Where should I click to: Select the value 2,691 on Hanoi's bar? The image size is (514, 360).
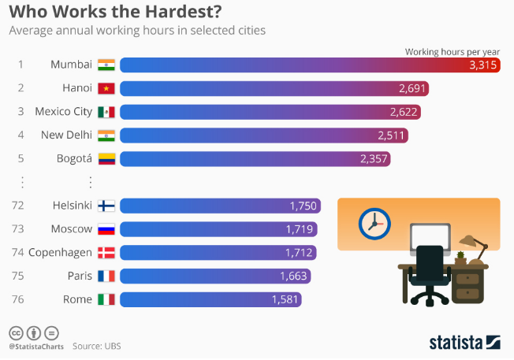point(412,88)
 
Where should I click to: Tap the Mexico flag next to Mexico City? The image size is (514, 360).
point(106,112)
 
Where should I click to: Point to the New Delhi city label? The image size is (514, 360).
point(67,135)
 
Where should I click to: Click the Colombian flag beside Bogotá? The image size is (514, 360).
point(106,158)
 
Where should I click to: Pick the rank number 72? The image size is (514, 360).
point(21,206)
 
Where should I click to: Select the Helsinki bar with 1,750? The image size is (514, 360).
point(220,206)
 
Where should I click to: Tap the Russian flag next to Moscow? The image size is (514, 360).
point(106,229)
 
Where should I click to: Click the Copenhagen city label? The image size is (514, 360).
point(60,253)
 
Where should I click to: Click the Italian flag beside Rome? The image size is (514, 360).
point(106,299)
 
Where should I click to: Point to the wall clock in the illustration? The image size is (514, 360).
point(374,224)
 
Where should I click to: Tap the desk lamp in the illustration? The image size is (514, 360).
point(471,245)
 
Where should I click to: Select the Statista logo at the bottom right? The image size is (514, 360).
point(464,342)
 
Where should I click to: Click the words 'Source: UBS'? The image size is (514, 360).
point(97,346)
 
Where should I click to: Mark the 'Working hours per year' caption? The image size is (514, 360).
point(452,51)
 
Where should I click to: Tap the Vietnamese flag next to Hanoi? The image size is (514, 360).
point(106,88)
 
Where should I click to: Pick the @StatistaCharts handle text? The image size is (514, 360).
point(35,346)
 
